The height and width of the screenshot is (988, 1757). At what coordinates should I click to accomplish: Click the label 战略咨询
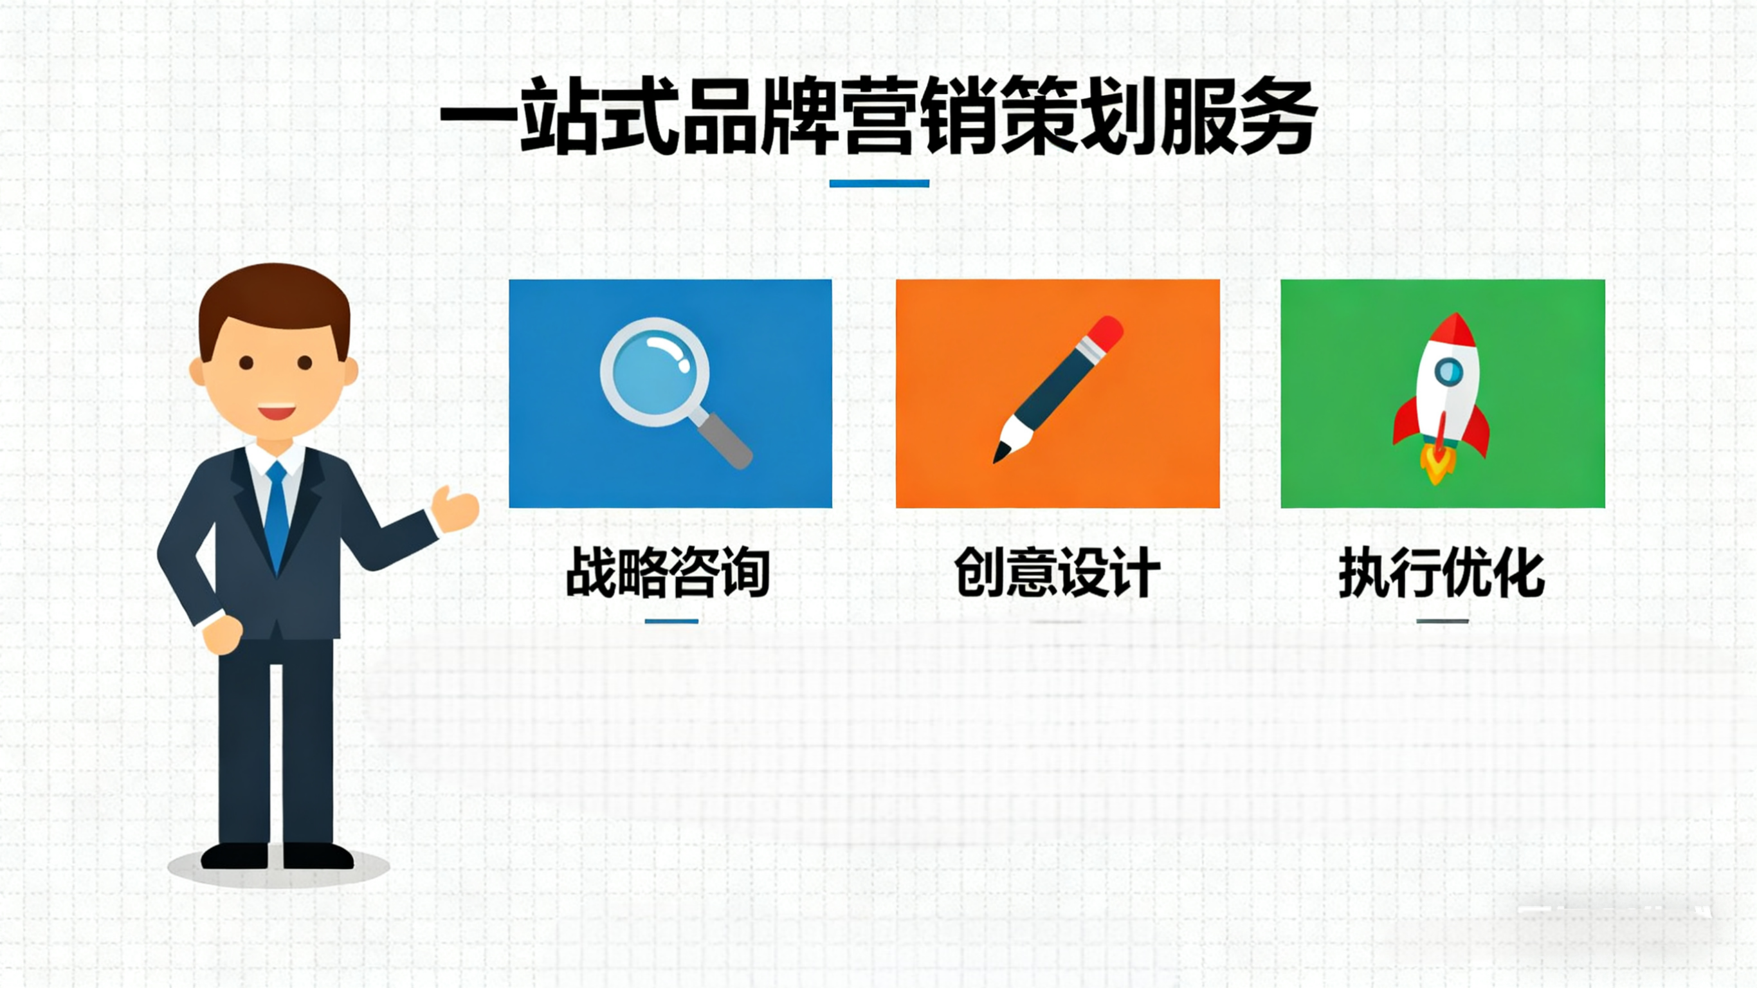[x=668, y=573]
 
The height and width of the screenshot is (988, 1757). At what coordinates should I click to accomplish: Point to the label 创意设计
[x=1057, y=573]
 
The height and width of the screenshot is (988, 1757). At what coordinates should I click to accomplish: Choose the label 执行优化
[x=1442, y=573]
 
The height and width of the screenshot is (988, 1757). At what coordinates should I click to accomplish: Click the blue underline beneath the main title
[x=879, y=183]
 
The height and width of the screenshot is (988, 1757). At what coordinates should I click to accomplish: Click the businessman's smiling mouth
[x=277, y=412]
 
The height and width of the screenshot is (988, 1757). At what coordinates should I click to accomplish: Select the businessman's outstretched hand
[x=455, y=509]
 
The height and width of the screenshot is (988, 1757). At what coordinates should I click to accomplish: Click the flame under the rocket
[x=1437, y=468]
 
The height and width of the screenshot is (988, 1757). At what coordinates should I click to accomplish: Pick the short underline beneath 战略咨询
[x=671, y=621]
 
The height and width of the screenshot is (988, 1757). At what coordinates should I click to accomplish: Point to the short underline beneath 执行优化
[x=1442, y=621]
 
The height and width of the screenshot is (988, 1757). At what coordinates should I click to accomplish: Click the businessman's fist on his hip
[x=223, y=635]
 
